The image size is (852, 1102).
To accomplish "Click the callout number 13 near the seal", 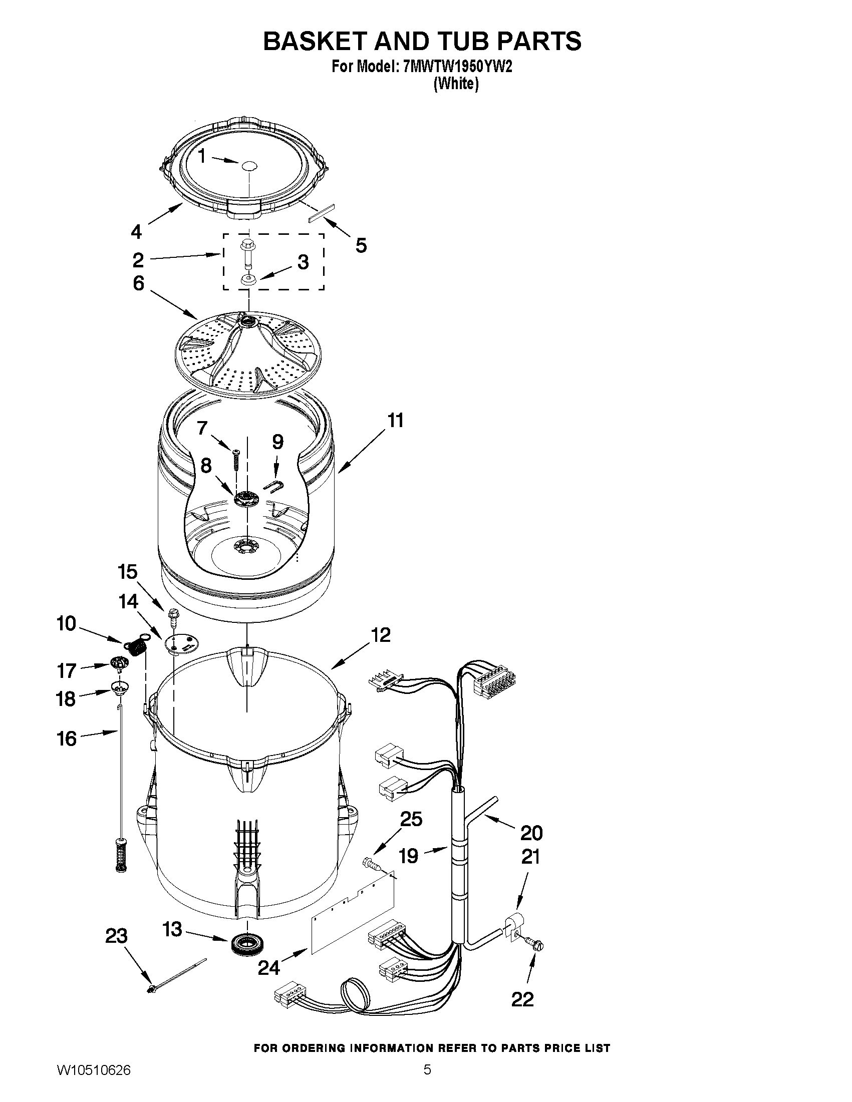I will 172,928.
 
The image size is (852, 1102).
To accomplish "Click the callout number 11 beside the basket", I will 395,420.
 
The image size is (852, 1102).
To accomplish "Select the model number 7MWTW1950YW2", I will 455,67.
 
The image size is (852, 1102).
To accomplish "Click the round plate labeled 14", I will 180,644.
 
